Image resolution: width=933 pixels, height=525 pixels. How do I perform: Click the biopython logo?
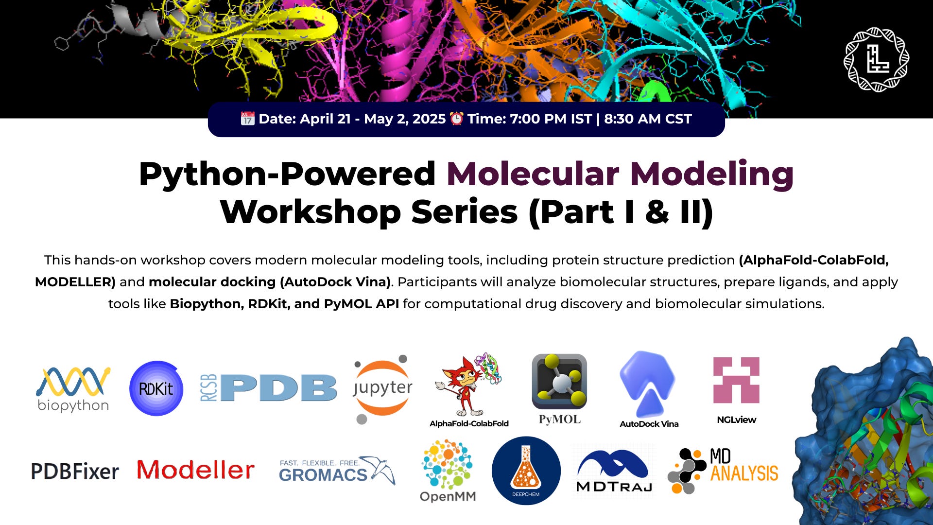(73, 389)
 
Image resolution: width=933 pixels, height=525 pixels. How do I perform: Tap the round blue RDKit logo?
(156, 388)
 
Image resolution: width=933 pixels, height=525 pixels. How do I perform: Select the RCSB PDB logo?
(269, 388)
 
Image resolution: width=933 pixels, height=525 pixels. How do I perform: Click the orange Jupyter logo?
(382, 388)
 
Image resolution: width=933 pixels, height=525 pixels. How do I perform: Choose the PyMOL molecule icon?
(559, 382)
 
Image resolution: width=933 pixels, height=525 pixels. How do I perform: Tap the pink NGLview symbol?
(736, 381)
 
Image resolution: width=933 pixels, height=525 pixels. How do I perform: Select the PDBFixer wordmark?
(75, 471)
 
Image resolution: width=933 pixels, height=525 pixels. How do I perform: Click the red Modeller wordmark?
(195, 470)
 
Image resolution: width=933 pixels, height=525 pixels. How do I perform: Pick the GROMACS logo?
(337, 471)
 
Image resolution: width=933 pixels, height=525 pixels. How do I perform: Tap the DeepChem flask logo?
(526, 471)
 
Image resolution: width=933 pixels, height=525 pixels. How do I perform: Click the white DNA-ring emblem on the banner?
(877, 59)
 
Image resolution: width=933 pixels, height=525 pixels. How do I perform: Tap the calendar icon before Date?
(247, 119)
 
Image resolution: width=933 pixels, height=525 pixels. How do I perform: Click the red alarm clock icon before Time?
(456, 119)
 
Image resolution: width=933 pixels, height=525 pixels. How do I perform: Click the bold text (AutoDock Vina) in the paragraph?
(335, 282)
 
